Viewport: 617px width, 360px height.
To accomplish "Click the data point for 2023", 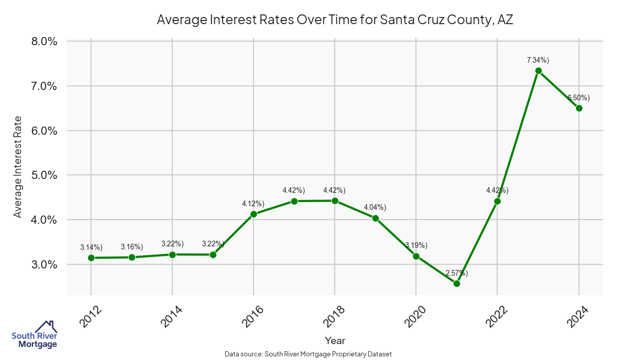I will [x=538, y=71].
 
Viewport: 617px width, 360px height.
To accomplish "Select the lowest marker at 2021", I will [x=457, y=283].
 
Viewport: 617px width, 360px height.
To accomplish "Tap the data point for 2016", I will [x=253, y=214].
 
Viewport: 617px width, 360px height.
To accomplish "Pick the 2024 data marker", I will [x=579, y=108].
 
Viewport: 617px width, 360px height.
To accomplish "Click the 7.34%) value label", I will [x=538, y=60].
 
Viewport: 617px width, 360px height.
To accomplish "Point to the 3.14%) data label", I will [x=92, y=247].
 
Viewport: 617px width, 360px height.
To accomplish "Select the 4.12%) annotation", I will [x=253, y=204].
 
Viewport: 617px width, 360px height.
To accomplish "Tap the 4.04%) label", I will [x=375, y=207].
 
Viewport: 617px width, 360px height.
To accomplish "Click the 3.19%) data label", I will [x=416, y=245].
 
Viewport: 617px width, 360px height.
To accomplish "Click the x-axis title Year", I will [x=335, y=340].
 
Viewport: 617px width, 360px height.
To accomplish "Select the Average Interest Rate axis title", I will [x=18, y=167].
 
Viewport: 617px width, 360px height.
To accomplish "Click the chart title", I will [x=335, y=20].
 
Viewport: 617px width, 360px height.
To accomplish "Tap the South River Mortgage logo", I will [x=34, y=335].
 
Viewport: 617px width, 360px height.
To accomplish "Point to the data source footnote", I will [x=308, y=354].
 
